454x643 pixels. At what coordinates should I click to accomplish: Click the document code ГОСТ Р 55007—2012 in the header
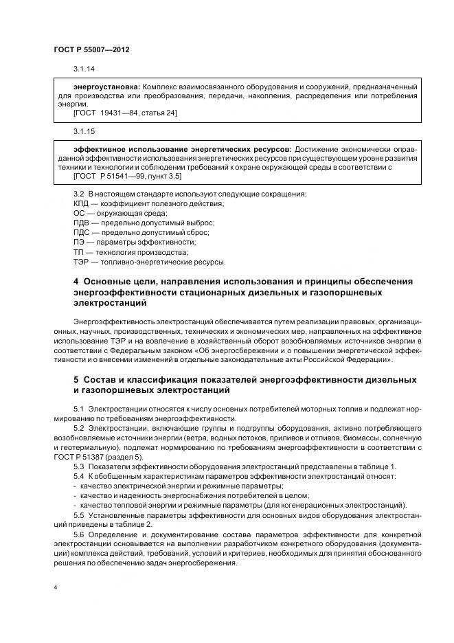pos(91,51)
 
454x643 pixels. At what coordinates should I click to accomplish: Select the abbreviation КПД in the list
pos(81,203)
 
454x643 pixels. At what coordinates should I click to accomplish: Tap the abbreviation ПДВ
pos(81,223)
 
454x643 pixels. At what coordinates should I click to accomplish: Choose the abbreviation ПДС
pos(81,233)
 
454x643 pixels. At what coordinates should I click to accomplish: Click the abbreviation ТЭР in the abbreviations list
pos(81,262)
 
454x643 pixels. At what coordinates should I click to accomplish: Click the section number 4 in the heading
pos(76,282)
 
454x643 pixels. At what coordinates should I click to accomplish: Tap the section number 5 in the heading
pos(76,379)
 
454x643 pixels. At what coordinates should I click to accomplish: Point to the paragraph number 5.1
pos(78,409)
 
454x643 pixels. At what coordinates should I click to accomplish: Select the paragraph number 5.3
pos(78,466)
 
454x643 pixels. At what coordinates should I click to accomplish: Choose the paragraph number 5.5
pos(78,515)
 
